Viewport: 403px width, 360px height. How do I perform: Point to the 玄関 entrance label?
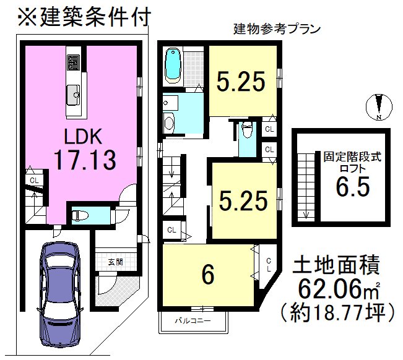tap(115, 262)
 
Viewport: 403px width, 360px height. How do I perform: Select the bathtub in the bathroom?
tap(172, 66)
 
